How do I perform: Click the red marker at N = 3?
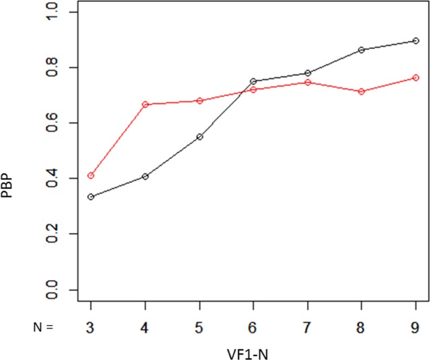coord(91,176)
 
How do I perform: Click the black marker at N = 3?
coord(91,197)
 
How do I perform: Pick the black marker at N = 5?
coord(200,136)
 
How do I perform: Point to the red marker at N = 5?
coord(200,101)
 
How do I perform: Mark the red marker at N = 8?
coord(361,91)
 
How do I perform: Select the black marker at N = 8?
coord(361,50)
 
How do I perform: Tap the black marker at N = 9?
coord(416,41)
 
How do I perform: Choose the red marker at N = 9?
coord(416,78)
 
